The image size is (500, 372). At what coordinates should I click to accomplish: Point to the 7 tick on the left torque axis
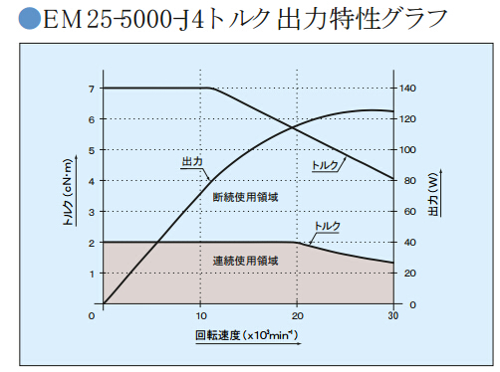pyautogui.click(x=91, y=89)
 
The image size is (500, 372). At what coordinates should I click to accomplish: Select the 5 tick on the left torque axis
pyautogui.click(x=91, y=150)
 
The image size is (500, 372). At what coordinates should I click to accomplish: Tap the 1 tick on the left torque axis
pyautogui.click(x=91, y=274)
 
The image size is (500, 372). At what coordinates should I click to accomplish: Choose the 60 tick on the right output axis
pyautogui.click(x=406, y=212)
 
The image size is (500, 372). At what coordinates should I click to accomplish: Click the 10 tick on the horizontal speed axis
pyautogui.click(x=200, y=315)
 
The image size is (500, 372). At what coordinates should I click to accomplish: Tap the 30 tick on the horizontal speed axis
pyautogui.click(x=392, y=315)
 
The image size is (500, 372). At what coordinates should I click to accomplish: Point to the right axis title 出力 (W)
pyautogui.click(x=433, y=196)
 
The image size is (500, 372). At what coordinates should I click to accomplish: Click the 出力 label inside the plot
pyautogui.click(x=192, y=161)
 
